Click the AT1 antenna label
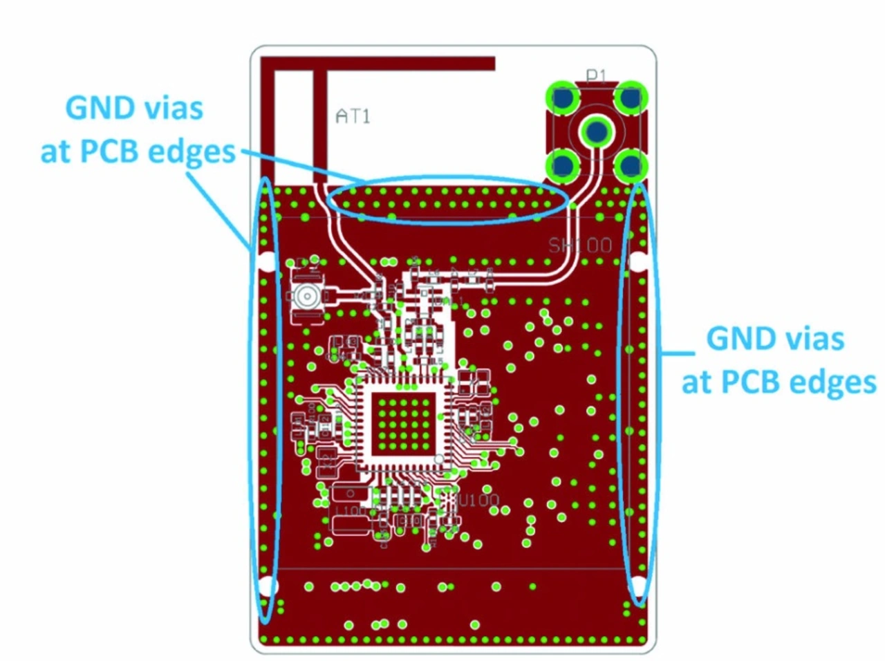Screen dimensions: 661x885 click(353, 115)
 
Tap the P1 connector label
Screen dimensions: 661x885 click(596, 75)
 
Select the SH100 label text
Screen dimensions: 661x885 click(580, 245)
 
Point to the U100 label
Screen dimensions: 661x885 click(478, 500)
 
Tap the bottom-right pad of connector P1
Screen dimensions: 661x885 click(631, 165)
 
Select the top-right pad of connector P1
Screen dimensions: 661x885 click(631, 98)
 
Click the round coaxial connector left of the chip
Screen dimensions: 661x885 click(306, 297)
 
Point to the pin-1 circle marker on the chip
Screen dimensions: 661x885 click(438, 460)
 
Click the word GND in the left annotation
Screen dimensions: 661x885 click(100, 109)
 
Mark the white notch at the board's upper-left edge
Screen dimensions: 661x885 click(267, 261)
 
